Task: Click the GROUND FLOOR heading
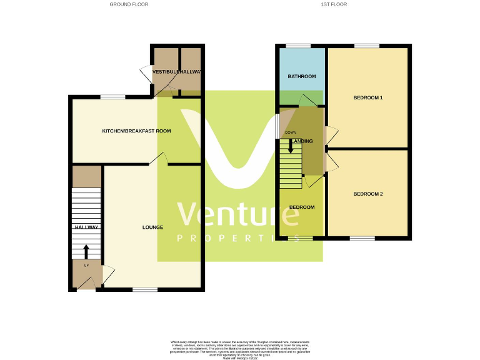pos(129,4)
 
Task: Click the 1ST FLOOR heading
pos(334,4)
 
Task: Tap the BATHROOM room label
pos(302,76)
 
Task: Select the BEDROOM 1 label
pos(367,98)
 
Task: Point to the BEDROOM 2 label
pos(367,194)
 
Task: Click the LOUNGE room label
pos(152,227)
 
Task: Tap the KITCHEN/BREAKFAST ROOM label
pos(137,131)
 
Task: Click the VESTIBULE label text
pos(166,72)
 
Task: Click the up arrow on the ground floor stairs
pos(86,251)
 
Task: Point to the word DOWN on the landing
pos(291,132)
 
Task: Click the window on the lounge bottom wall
pos(145,289)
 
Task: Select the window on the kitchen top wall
pos(112,96)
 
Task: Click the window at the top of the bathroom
pos(298,46)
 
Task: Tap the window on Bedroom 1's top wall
pos(366,46)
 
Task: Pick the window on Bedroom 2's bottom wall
pos(362,238)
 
